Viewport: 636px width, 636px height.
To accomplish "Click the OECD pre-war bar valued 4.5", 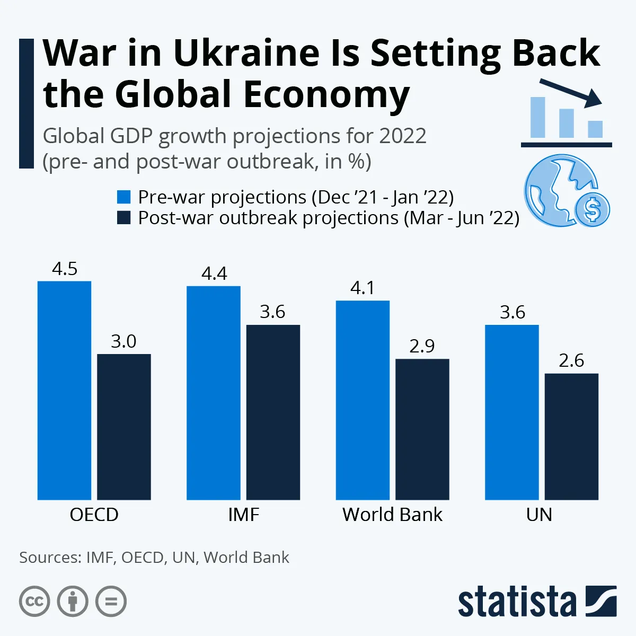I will pos(64,390).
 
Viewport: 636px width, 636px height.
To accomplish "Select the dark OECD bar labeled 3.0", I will pos(124,427).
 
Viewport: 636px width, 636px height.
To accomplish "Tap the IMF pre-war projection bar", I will pos(213,393).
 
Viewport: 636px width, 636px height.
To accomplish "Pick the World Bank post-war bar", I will pos(422,429).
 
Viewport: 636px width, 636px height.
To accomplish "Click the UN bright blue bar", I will pos(511,412).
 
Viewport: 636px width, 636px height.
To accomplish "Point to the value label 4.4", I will pos(214,273).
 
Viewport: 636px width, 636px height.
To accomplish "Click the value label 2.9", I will pos(422,346).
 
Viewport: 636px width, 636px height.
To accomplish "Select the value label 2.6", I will pos(571,361).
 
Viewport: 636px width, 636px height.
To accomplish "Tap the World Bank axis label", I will pos(392,515).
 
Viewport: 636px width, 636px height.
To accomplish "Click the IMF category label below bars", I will pos(243,515).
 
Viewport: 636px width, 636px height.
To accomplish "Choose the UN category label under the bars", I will pos(539,515).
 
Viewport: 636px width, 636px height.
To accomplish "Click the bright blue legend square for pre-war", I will pos(123,197).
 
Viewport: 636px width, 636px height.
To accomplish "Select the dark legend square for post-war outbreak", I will pos(123,218).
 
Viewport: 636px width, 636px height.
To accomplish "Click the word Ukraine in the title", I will pos(246,53).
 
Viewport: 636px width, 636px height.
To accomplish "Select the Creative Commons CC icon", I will pos(34,602).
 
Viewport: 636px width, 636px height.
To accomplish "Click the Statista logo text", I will pos(517,602).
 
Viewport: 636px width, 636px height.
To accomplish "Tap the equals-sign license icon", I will pos(111,602).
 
